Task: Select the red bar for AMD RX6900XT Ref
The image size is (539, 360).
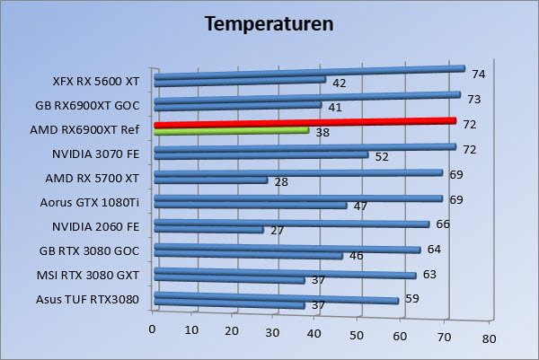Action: coord(305,123)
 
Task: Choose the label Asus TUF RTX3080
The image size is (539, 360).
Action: coord(88,299)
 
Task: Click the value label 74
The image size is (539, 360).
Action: coord(478,74)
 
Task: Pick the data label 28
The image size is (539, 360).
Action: coord(281,182)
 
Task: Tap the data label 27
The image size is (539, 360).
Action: coord(277,231)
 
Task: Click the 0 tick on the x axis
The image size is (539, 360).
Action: coord(155,329)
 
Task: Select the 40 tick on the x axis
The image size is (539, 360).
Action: coord(315,335)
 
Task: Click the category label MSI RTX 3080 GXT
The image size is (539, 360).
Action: coord(88,275)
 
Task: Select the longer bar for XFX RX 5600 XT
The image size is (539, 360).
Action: coord(310,73)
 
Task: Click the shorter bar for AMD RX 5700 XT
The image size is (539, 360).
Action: coord(211,180)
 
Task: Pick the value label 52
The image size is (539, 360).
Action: coord(381,157)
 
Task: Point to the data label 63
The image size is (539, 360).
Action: coord(429,274)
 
